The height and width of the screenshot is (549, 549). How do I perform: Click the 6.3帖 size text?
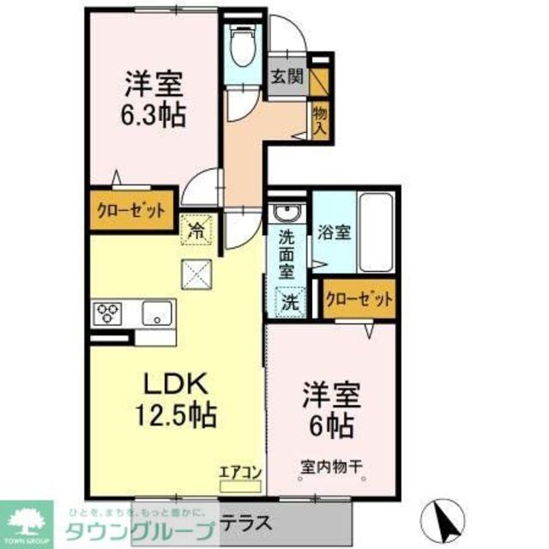coord(155,112)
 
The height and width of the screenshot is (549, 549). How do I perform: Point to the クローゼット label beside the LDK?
coord(133,208)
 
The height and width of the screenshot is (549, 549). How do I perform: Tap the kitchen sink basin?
coord(156,312)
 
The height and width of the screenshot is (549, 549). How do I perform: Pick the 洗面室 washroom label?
coord(287,251)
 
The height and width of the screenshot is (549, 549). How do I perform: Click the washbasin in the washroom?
coord(283,214)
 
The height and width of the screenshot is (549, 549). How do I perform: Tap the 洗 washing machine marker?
coord(291,301)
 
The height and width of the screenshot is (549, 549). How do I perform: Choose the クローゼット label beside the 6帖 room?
coord(359,299)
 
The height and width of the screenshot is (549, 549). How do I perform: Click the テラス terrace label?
coord(247,522)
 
